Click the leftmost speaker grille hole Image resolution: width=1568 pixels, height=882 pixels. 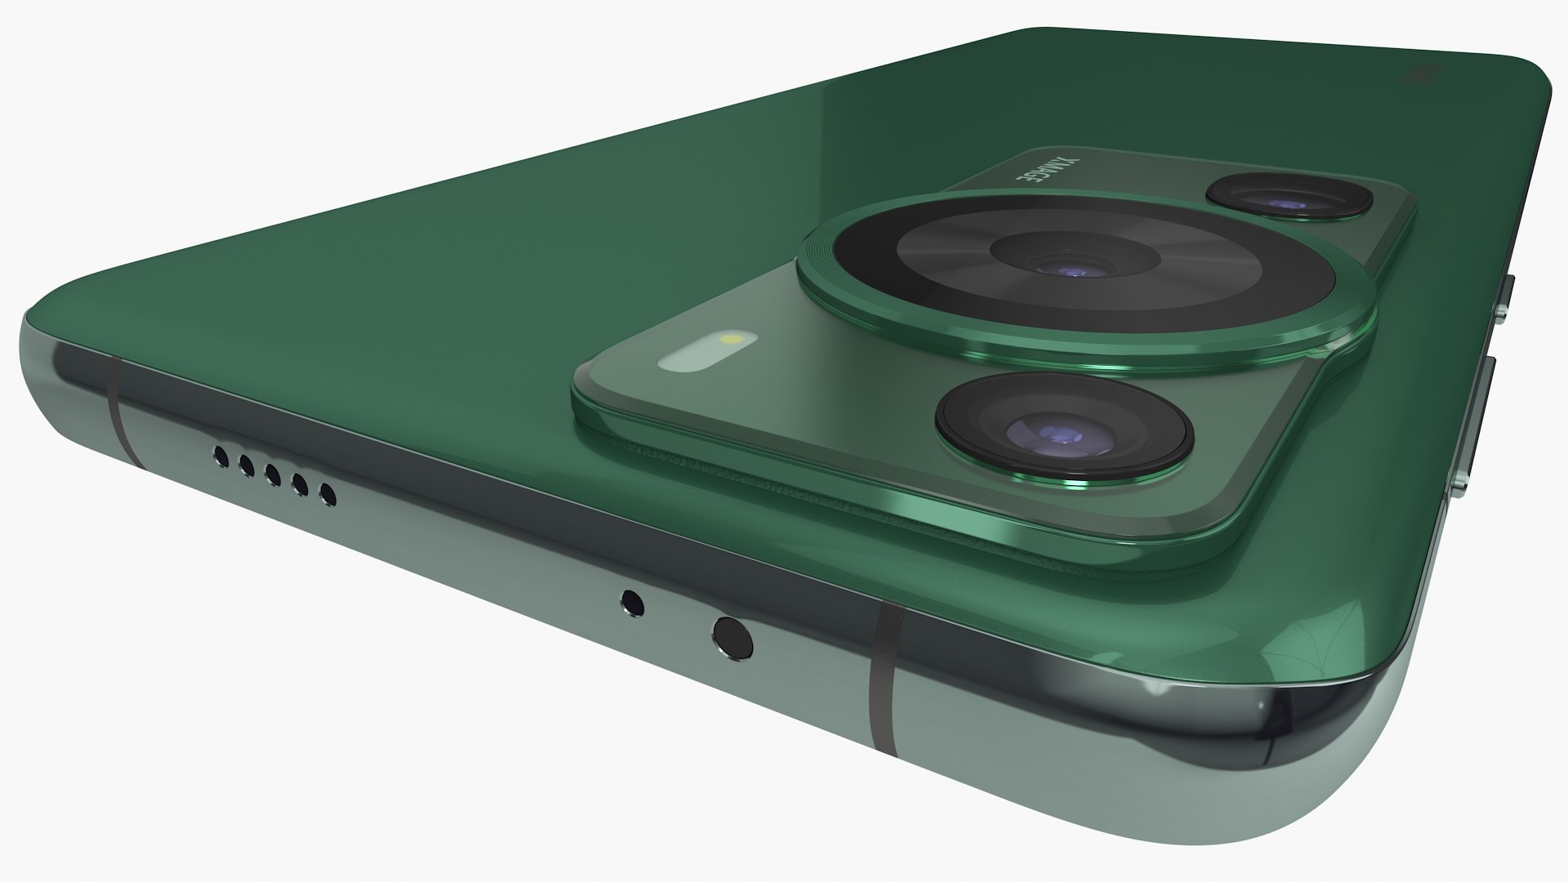(220, 455)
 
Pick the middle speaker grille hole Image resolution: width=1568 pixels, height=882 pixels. (273, 475)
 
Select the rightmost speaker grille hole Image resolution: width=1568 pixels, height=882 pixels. (327, 495)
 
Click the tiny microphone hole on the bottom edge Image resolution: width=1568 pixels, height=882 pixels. (632, 603)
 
